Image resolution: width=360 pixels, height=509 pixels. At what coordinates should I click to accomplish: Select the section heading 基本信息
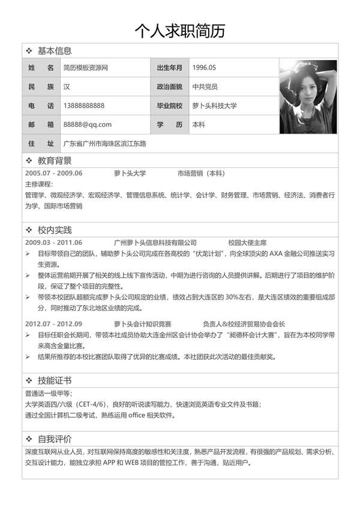[54, 51]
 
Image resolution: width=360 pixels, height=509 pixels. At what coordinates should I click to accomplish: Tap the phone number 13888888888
[84, 106]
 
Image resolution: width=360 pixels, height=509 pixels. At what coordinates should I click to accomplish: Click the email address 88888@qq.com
[88, 124]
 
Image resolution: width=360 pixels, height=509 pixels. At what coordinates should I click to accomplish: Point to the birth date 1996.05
[204, 68]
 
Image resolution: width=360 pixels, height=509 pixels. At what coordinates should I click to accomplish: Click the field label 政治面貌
[169, 87]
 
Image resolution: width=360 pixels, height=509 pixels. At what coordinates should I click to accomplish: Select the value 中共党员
[205, 87]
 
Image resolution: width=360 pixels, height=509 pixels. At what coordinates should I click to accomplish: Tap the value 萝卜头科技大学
[215, 106]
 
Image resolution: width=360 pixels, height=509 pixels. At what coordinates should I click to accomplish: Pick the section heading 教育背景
[54, 161]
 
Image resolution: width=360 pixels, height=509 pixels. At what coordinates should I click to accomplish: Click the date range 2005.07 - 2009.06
[53, 173]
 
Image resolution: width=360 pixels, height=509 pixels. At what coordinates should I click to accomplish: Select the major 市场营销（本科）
[201, 173]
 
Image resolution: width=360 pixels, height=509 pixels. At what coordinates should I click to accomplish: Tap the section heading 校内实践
[54, 230]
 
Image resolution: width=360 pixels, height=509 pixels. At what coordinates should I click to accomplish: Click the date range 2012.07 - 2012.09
[53, 323]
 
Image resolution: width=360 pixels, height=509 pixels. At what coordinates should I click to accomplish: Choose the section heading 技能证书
[54, 381]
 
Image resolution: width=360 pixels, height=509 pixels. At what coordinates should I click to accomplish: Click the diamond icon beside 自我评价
[29, 439]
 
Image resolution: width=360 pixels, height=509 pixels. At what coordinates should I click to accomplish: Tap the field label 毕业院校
[169, 106]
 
